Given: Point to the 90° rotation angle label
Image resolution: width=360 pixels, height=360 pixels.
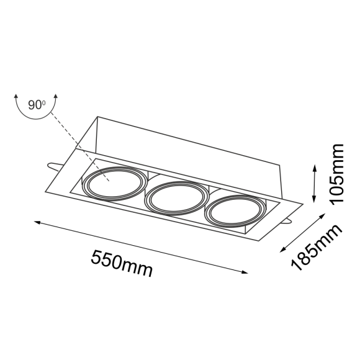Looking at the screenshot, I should tap(37, 104).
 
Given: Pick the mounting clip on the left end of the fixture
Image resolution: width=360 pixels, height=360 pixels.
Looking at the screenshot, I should tap(53, 166).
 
